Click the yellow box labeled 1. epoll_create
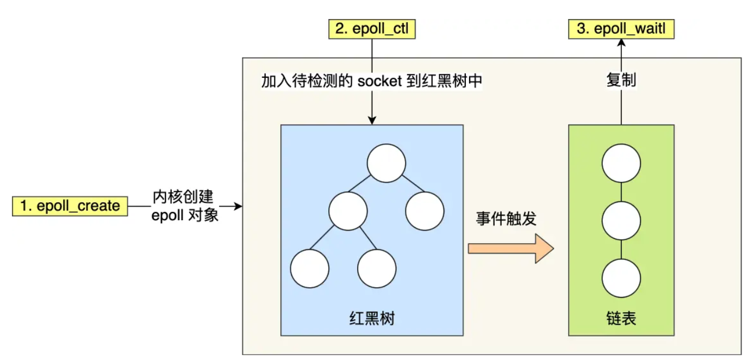70,207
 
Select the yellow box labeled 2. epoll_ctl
372,29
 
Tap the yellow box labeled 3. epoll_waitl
621,29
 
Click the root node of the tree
387,163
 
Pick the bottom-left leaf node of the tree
310,269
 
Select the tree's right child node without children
425,211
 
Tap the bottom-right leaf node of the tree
377,269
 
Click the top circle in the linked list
621,163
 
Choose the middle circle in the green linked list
621,221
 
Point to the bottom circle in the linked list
621,278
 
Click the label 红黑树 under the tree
372,318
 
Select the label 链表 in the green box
621,318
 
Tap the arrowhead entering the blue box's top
372,120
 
